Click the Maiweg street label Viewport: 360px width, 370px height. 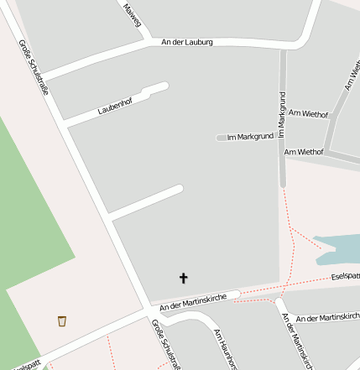tap(132, 15)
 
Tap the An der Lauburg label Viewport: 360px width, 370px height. tap(188, 42)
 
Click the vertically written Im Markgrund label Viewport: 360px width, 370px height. tap(283, 114)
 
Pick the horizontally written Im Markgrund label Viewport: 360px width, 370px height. tap(251, 137)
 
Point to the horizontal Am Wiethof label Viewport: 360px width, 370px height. tap(304, 152)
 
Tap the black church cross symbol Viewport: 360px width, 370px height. tap(184, 278)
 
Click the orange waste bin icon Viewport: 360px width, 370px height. tap(62, 321)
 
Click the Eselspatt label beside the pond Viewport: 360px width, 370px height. tap(345, 276)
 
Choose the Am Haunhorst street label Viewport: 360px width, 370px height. tap(227, 349)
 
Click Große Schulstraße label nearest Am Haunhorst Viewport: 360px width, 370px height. tap(161, 344)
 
